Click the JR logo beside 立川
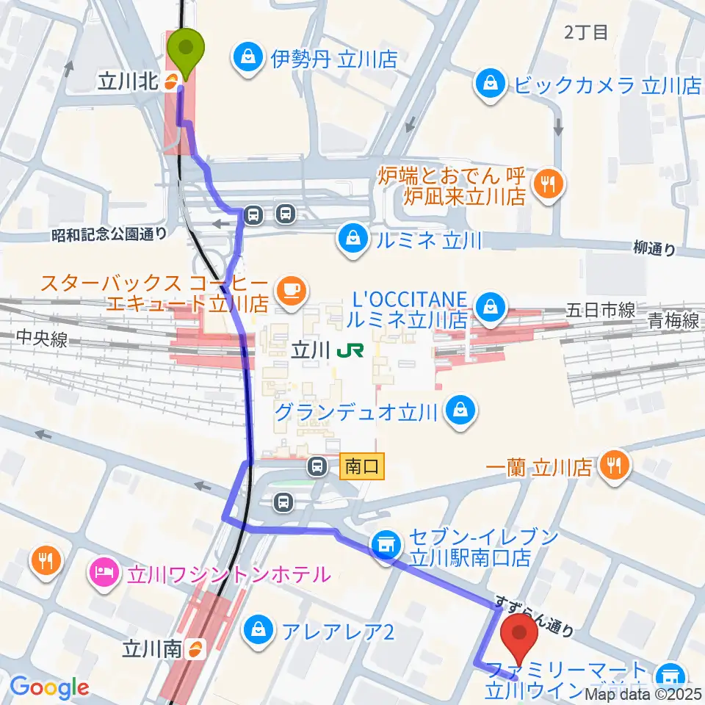click(344, 352)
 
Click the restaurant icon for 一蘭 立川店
click(611, 466)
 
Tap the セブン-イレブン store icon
click(383, 545)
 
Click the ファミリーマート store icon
click(669, 673)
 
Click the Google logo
click(49, 687)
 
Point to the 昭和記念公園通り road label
click(109, 234)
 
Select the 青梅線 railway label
click(673, 320)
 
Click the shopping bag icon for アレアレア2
click(258, 628)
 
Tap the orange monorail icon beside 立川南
click(195, 648)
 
